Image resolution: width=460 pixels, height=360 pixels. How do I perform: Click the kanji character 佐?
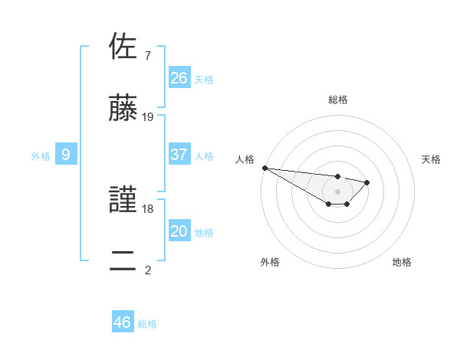123,47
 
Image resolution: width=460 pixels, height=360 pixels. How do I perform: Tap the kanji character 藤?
123,110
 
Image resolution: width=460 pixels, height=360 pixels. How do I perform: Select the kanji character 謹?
123,201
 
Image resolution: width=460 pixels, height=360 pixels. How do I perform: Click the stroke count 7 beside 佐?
147,56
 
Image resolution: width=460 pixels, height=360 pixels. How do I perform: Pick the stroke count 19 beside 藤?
148,117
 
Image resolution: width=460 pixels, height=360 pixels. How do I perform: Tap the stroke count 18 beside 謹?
148,208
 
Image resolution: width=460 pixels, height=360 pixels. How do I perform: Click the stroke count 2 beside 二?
147,269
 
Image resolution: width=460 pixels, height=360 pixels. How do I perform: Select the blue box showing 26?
179,78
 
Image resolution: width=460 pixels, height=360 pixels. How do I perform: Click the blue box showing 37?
179,155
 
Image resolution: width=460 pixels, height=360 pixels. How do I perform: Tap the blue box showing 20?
179,231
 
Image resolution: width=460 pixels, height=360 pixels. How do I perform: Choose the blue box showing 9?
66,155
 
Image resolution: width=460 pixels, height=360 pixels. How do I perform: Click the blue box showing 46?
122,322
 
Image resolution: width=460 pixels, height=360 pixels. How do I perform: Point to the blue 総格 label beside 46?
147,324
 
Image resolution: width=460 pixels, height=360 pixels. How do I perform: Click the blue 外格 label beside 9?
41,156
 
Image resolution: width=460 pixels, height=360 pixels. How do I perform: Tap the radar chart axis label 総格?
337,100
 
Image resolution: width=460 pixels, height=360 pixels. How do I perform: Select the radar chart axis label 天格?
432,159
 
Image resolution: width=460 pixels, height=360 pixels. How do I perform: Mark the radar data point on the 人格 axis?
264,168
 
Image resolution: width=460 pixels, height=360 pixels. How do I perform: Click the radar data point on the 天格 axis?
367,182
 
